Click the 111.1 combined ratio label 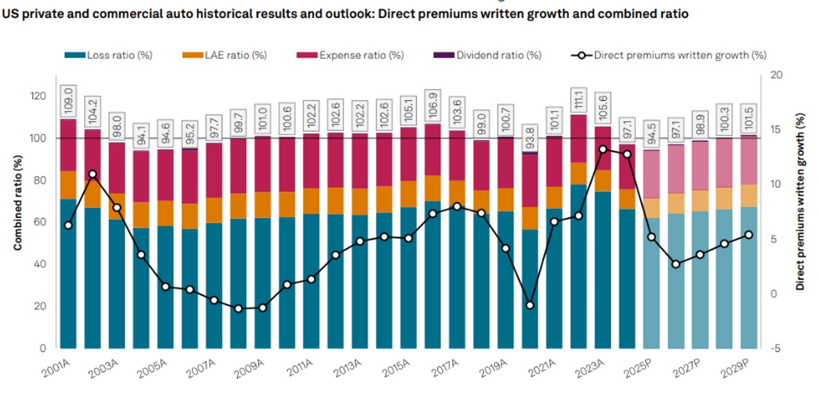(579, 99)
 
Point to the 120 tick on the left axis (39, 96)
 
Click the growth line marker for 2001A (68, 225)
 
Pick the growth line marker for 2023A (603, 149)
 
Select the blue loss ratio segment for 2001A (68, 273)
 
